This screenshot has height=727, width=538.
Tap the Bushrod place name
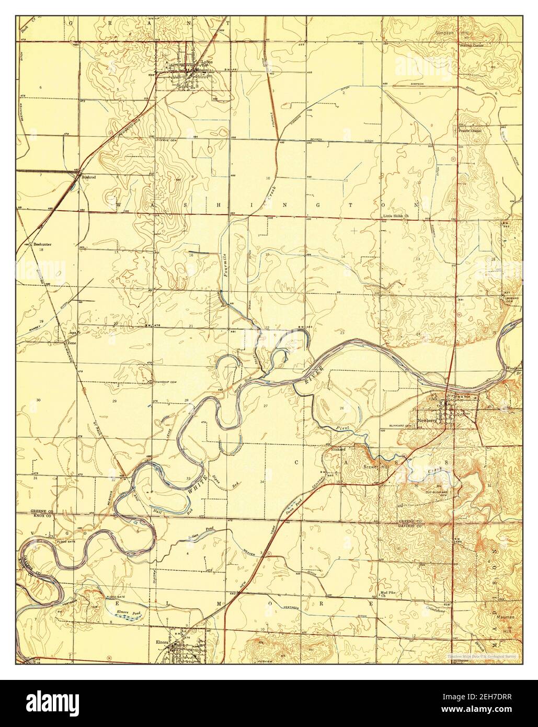pyautogui.click(x=88, y=178)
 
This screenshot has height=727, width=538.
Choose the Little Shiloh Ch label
pyautogui.click(x=395, y=215)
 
